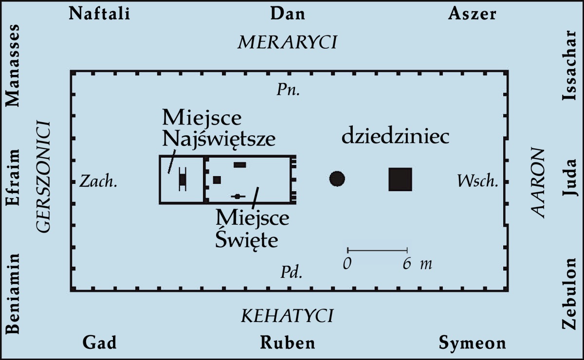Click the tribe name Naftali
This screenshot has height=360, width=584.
coord(100,13)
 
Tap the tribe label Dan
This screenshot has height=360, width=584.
coord(288,13)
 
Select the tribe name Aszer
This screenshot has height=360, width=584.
coord(472,13)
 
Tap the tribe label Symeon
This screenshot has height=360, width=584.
coord(473,343)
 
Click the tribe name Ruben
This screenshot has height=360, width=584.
coord(287,343)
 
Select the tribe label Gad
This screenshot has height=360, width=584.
coord(99,343)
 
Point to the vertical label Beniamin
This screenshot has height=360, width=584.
coord(13,294)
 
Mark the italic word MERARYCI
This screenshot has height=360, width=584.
coord(287,43)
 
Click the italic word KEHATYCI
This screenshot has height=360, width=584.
coord(287,316)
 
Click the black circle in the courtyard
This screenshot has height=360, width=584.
coord(337,179)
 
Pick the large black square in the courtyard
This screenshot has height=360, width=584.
coord(400,179)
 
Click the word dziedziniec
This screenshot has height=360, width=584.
coord(395,137)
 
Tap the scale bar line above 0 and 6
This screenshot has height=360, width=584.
coord(377,250)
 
